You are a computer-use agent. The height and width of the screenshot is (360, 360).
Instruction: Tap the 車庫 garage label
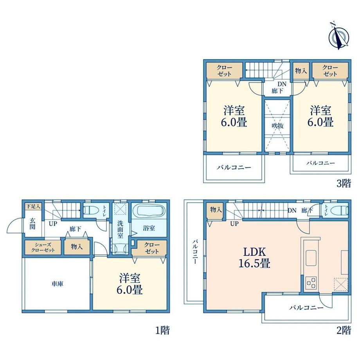click(x=57, y=284)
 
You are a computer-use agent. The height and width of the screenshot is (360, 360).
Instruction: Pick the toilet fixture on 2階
click(x=341, y=211)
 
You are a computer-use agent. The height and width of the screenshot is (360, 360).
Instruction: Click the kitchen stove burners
click(x=311, y=283)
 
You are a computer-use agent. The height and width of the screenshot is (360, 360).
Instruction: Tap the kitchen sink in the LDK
click(x=311, y=258)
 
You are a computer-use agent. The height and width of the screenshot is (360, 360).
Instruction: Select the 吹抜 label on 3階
click(x=277, y=126)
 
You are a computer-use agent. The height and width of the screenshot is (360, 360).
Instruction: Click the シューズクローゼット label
click(x=43, y=247)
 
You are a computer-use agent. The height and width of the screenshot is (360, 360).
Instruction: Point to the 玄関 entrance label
click(x=32, y=223)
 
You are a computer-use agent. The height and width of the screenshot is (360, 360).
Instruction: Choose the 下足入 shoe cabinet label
click(x=33, y=206)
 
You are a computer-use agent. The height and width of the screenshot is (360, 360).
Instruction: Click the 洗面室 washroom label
click(x=120, y=229)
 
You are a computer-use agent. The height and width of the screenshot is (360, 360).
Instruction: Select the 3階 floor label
click(x=344, y=183)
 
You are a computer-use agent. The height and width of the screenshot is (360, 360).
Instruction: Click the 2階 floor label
click(x=344, y=330)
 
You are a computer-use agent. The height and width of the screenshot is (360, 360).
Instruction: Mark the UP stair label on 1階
click(x=53, y=223)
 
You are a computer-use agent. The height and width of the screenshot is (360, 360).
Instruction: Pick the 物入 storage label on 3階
click(x=301, y=71)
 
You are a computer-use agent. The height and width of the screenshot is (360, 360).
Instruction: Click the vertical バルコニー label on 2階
click(x=195, y=252)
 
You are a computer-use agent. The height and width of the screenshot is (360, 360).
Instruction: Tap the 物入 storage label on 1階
click(x=76, y=247)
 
